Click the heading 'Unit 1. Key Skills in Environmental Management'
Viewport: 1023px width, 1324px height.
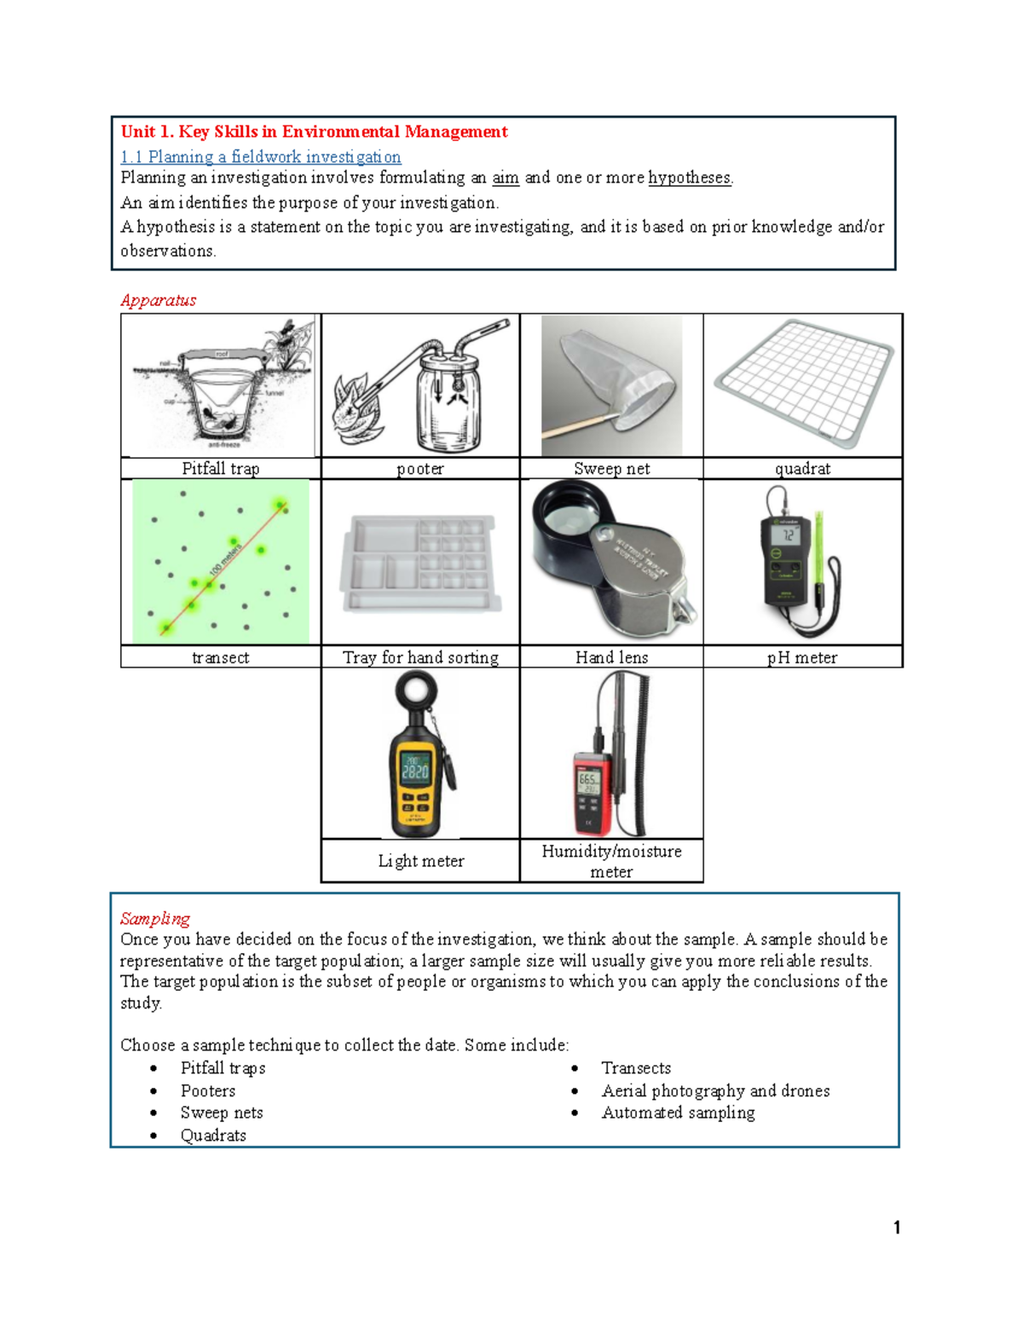(x=314, y=131)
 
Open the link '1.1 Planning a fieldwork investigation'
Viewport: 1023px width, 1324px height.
(x=261, y=157)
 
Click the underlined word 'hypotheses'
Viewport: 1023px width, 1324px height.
(x=689, y=178)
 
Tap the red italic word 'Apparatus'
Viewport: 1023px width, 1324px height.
(x=159, y=300)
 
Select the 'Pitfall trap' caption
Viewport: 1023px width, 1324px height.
(x=220, y=468)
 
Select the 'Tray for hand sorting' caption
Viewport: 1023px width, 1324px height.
(x=420, y=657)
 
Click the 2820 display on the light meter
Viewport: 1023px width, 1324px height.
(x=415, y=771)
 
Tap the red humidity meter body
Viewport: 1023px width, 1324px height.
(x=591, y=793)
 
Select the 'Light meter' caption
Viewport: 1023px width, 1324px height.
(x=421, y=861)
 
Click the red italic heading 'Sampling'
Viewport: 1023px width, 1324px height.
(x=155, y=918)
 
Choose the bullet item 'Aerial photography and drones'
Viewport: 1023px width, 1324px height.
(x=715, y=1090)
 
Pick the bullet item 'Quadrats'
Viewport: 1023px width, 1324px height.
(x=213, y=1136)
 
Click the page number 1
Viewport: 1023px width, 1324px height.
(x=897, y=1228)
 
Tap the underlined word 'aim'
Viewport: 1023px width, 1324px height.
(x=506, y=178)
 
